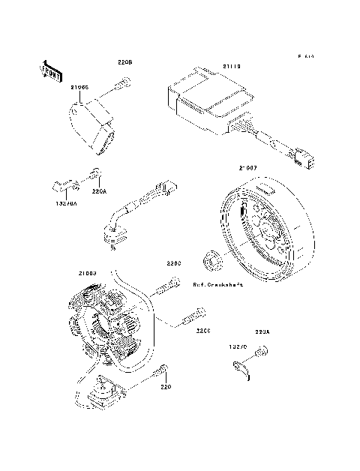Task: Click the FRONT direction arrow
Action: pyautogui.click(x=49, y=70)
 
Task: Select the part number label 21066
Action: pyautogui.click(x=80, y=88)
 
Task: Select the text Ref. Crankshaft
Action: pyautogui.click(x=217, y=285)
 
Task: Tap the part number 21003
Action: pyautogui.click(x=86, y=274)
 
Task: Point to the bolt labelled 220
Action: pyautogui.click(x=160, y=371)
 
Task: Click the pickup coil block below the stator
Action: pyautogui.click(x=100, y=390)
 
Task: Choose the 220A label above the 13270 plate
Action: pyautogui.click(x=262, y=331)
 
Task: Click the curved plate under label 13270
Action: pyautogui.click(x=241, y=367)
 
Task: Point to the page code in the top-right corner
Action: pyautogui.click(x=304, y=56)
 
